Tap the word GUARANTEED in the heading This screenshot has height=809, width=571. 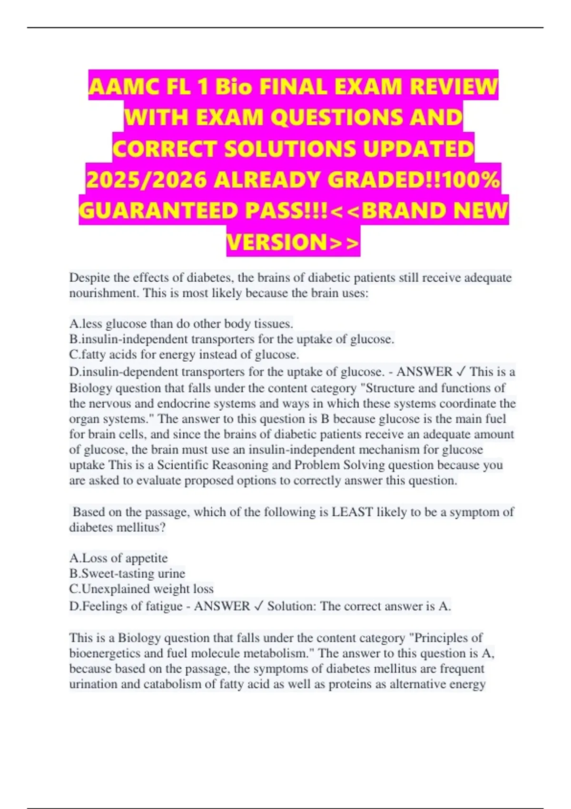point(157,210)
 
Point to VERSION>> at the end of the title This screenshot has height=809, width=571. point(293,242)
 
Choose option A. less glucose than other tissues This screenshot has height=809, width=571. point(181,324)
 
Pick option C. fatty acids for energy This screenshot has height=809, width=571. point(184,355)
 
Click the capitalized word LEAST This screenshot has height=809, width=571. point(352,512)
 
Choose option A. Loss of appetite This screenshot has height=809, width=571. point(118,558)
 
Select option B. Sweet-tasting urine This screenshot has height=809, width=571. point(127,573)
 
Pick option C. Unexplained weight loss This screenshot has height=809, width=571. point(141,589)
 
